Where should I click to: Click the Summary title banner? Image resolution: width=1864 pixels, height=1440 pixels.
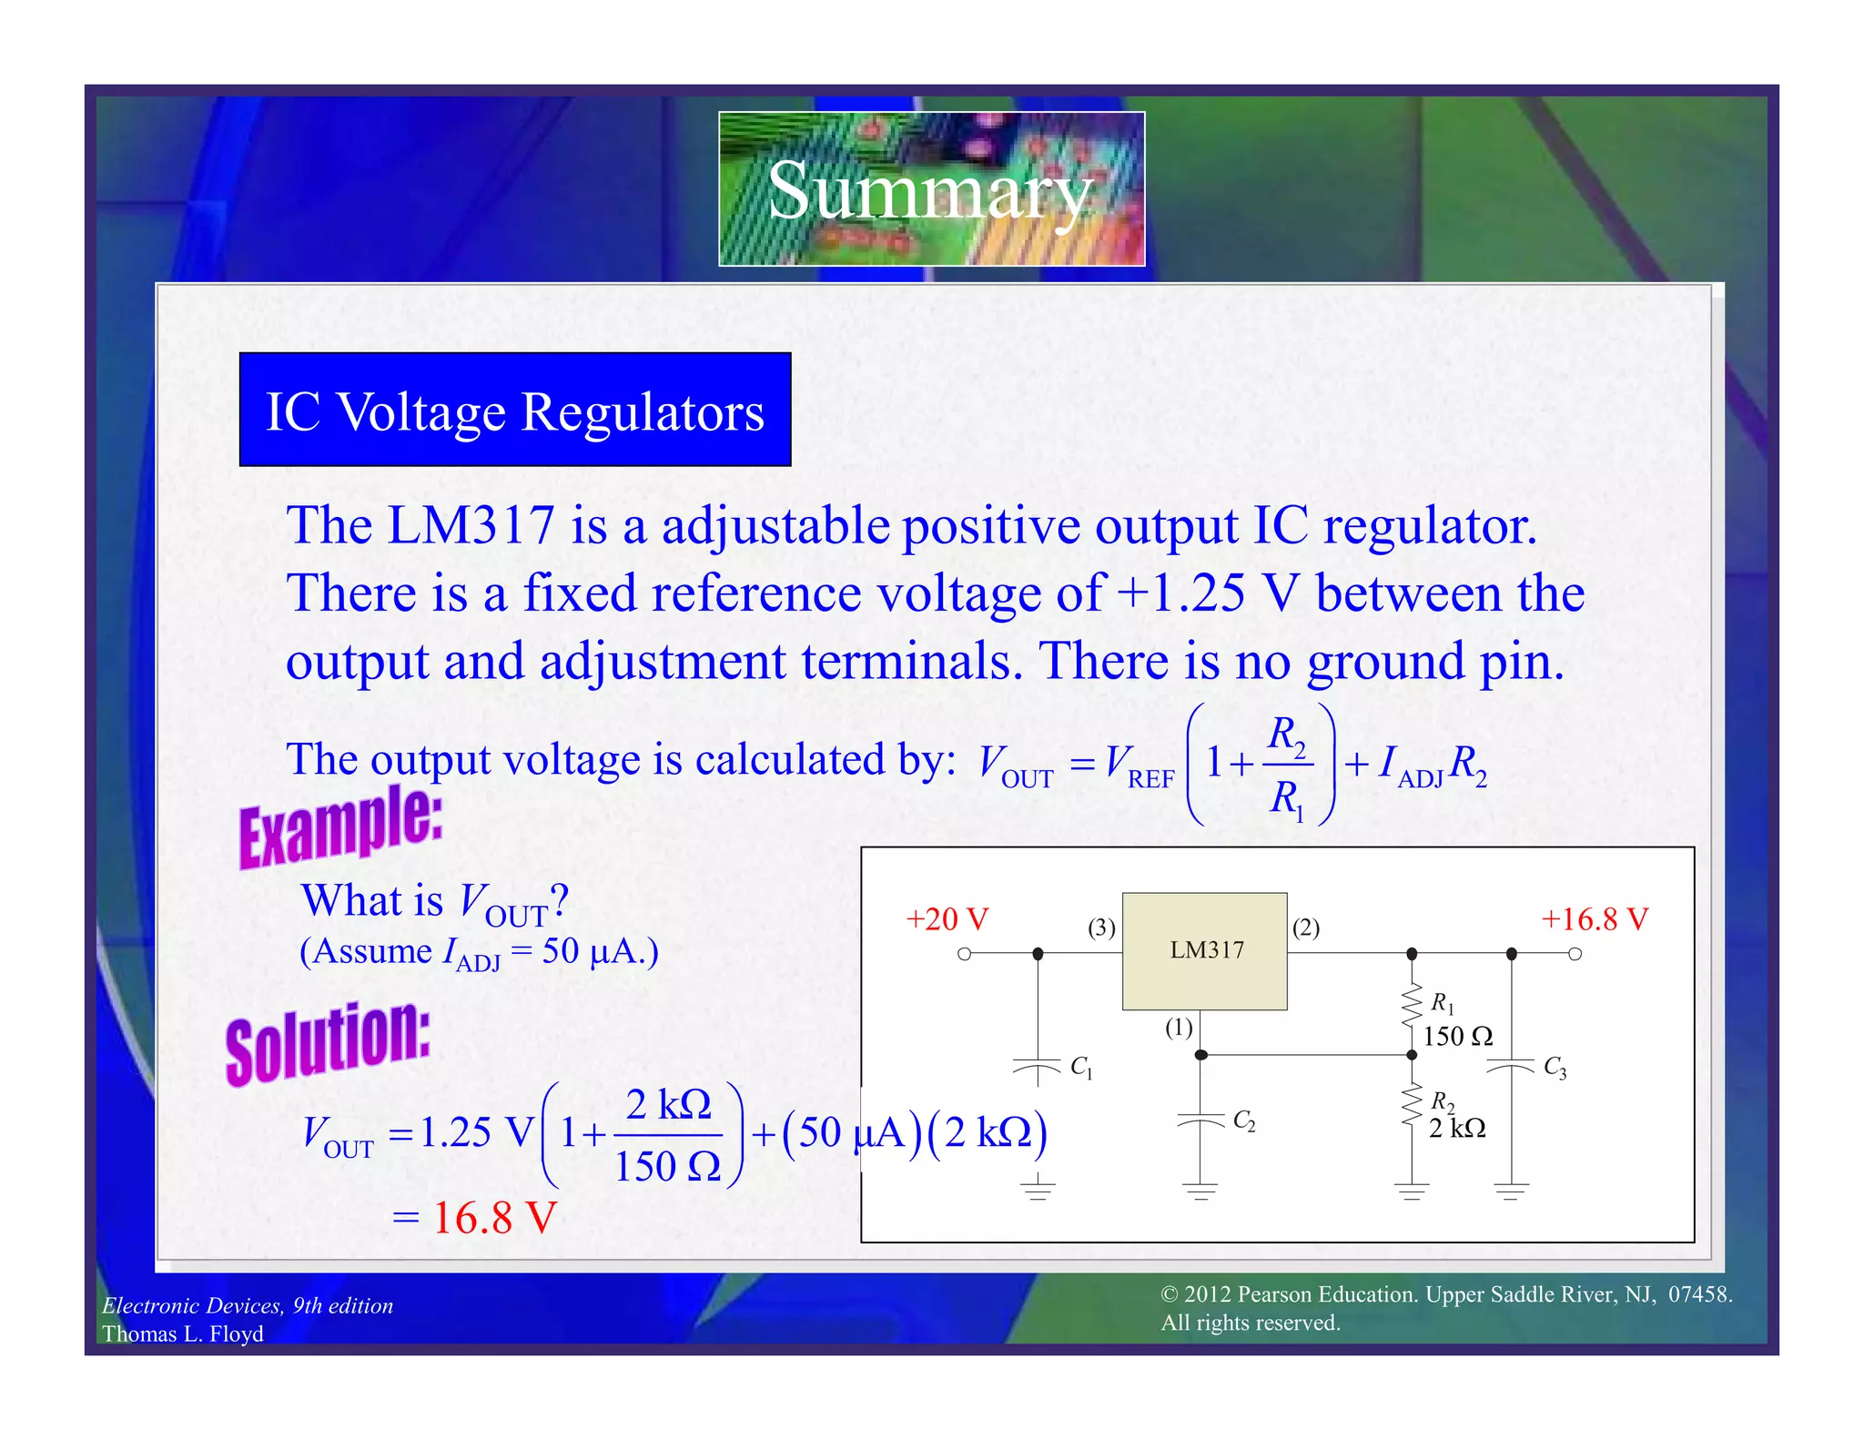tap(931, 189)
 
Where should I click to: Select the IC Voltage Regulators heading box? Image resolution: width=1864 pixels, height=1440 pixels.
tap(515, 411)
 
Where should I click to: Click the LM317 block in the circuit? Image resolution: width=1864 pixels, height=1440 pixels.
tap(1204, 950)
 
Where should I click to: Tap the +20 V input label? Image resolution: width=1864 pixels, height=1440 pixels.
tap(947, 919)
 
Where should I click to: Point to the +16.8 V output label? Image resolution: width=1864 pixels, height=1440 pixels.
tap(1594, 919)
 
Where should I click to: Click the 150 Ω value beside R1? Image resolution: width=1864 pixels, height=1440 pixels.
tap(1457, 1036)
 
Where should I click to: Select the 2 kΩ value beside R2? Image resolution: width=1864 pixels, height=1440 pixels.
tap(1456, 1129)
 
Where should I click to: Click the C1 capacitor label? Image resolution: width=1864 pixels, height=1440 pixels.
tap(1080, 1067)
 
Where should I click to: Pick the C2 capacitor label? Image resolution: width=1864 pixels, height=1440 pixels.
tap(1243, 1121)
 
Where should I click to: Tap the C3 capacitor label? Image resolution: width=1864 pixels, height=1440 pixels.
tap(1555, 1067)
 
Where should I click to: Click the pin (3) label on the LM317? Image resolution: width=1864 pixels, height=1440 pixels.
tap(1101, 928)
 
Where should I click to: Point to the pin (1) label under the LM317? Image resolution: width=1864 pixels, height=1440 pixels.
tap(1179, 1028)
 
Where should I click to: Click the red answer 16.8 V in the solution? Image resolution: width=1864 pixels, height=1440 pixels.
tap(494, 1218)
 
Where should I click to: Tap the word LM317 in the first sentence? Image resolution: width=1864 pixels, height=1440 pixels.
tap(471, 525)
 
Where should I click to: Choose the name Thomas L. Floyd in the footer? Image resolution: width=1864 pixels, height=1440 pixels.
tap(183, 1334)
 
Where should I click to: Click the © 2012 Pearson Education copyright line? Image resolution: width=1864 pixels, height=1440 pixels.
tap(1445, 1294)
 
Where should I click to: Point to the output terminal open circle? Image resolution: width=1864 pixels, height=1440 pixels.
tap(1575, 954)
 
